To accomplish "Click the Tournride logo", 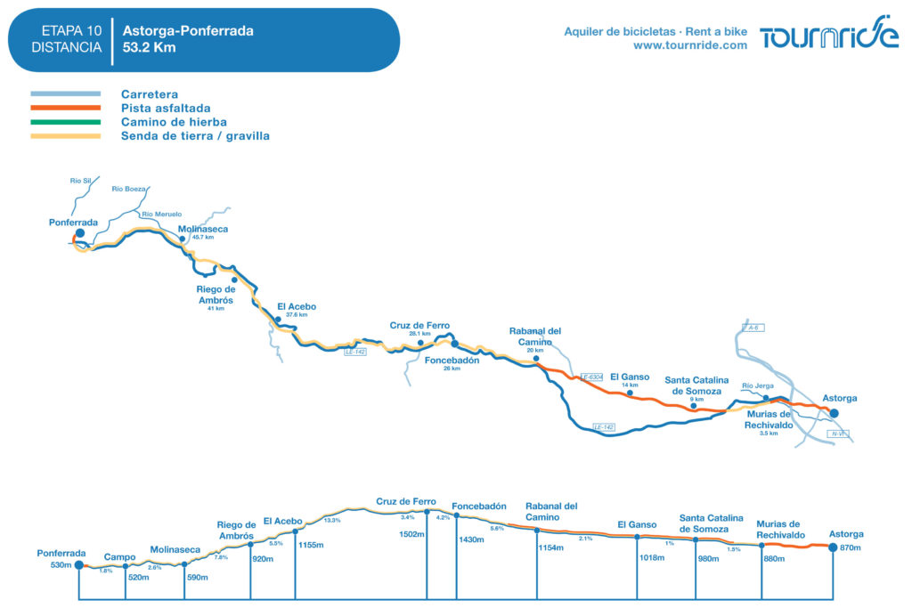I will [828, 35].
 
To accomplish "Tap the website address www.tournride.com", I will [690, 45].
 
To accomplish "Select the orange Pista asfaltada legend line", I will [65, 108].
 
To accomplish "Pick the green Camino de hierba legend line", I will [65, 122].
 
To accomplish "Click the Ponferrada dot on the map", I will [79, 233].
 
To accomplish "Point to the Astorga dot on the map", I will [834, 412].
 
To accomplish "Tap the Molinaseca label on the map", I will [203, 229].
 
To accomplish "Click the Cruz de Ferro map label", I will [419, 326].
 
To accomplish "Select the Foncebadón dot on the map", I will [454, 344].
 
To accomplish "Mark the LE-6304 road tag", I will [591, 377].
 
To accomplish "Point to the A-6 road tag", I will [753, 328].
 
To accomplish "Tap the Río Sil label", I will [81, 181].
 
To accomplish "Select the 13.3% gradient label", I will [331, 520].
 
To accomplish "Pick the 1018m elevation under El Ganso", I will [652, 558].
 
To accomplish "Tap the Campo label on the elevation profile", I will [119, 556].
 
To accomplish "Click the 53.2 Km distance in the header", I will [150, 47].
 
